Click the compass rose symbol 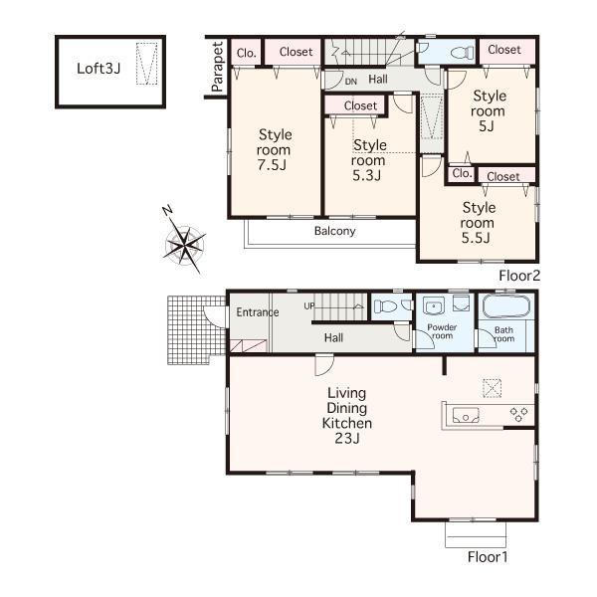coord(183,240)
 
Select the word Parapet coord(217,67)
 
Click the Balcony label coord(334,231)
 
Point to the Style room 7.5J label coord(275,150)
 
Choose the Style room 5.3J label coord(368,160)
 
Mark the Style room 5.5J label coord(478,223)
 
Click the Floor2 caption coord(517,274)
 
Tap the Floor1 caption coord(488,557)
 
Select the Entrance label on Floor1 coord(257,312)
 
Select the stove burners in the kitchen coord(518,413)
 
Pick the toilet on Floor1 coord(388,306)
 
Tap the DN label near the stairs coord(350,82)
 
